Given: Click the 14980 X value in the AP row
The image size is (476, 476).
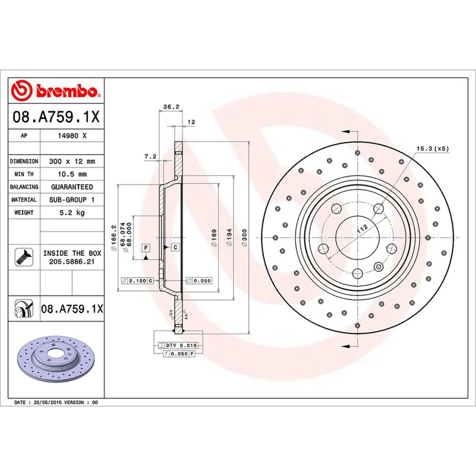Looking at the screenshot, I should coord(72,135).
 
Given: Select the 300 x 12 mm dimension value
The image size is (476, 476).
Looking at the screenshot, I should coord(72,161).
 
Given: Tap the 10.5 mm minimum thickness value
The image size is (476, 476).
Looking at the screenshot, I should coord(72,174).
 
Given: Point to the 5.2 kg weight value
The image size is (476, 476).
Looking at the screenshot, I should coord(72,212).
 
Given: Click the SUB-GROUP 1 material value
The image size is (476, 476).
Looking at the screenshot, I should coord(72,199).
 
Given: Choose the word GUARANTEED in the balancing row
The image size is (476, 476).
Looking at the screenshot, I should coord(72,187).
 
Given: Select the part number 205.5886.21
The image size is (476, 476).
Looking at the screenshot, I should coord(72,261).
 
